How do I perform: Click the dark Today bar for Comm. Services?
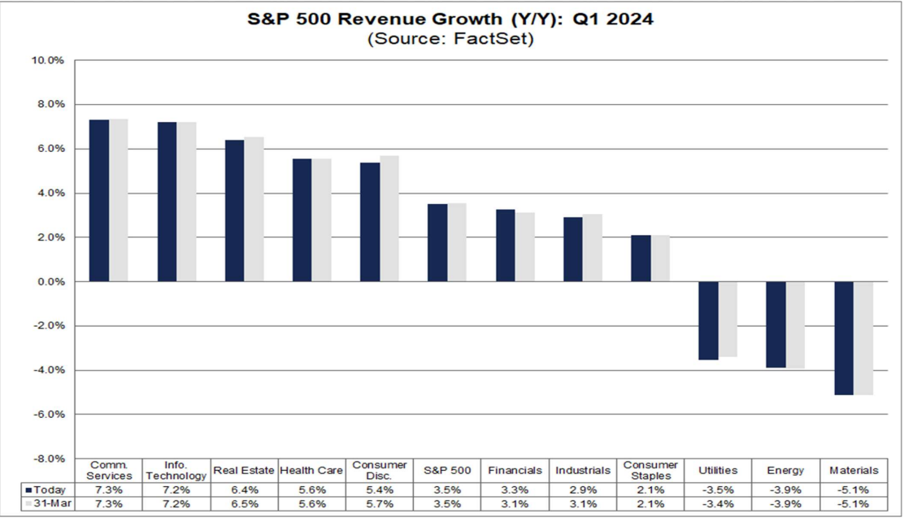click(99, 200)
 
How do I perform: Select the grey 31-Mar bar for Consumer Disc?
click(389, 218)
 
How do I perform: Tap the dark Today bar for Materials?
click(844, 338)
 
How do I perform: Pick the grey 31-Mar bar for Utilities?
click(728, 319)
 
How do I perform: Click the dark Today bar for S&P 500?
click(437, 242)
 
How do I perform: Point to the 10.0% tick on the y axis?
click(48, 60)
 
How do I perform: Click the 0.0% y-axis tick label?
click(50, 282)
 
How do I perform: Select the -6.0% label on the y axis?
click(49, 415)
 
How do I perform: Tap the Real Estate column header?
click(244, 471)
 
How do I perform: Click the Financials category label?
click(515, 471)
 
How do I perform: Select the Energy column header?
click(786, 471)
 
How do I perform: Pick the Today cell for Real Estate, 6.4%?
click(244, 490)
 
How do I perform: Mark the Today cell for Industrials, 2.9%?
click(583, 490)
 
